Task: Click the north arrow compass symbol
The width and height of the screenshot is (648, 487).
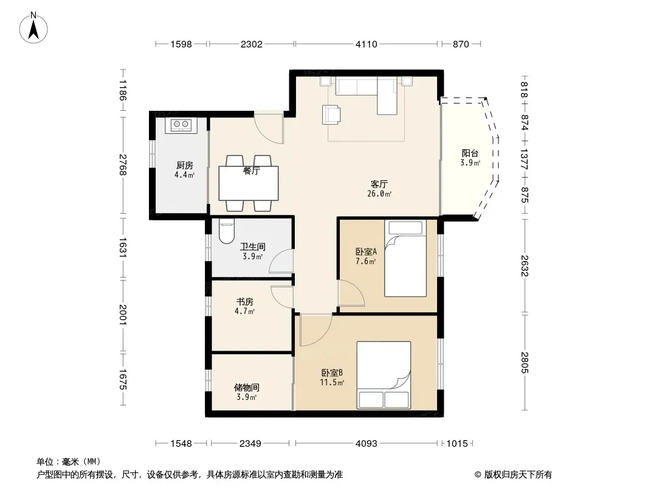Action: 33,27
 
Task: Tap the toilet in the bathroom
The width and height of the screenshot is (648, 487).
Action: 226,231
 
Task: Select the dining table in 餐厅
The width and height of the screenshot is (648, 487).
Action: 249,183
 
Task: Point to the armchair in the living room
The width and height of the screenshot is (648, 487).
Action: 331,114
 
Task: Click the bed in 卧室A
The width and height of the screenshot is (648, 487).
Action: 405,258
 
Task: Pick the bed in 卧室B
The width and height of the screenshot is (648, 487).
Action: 384,375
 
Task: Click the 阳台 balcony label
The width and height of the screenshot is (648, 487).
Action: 470,153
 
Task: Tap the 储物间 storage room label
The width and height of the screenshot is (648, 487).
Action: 247,388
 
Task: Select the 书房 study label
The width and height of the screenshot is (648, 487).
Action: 244,302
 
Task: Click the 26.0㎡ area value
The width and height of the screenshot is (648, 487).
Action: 379,194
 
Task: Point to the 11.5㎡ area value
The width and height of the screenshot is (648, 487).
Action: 332,382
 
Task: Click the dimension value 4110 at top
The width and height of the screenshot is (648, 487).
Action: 367,44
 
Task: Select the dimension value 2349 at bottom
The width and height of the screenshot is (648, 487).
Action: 250,444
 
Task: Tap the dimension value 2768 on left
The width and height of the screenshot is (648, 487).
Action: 123,165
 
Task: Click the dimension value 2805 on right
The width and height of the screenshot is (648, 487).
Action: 525,362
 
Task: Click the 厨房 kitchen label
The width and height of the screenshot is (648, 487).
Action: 185,166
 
